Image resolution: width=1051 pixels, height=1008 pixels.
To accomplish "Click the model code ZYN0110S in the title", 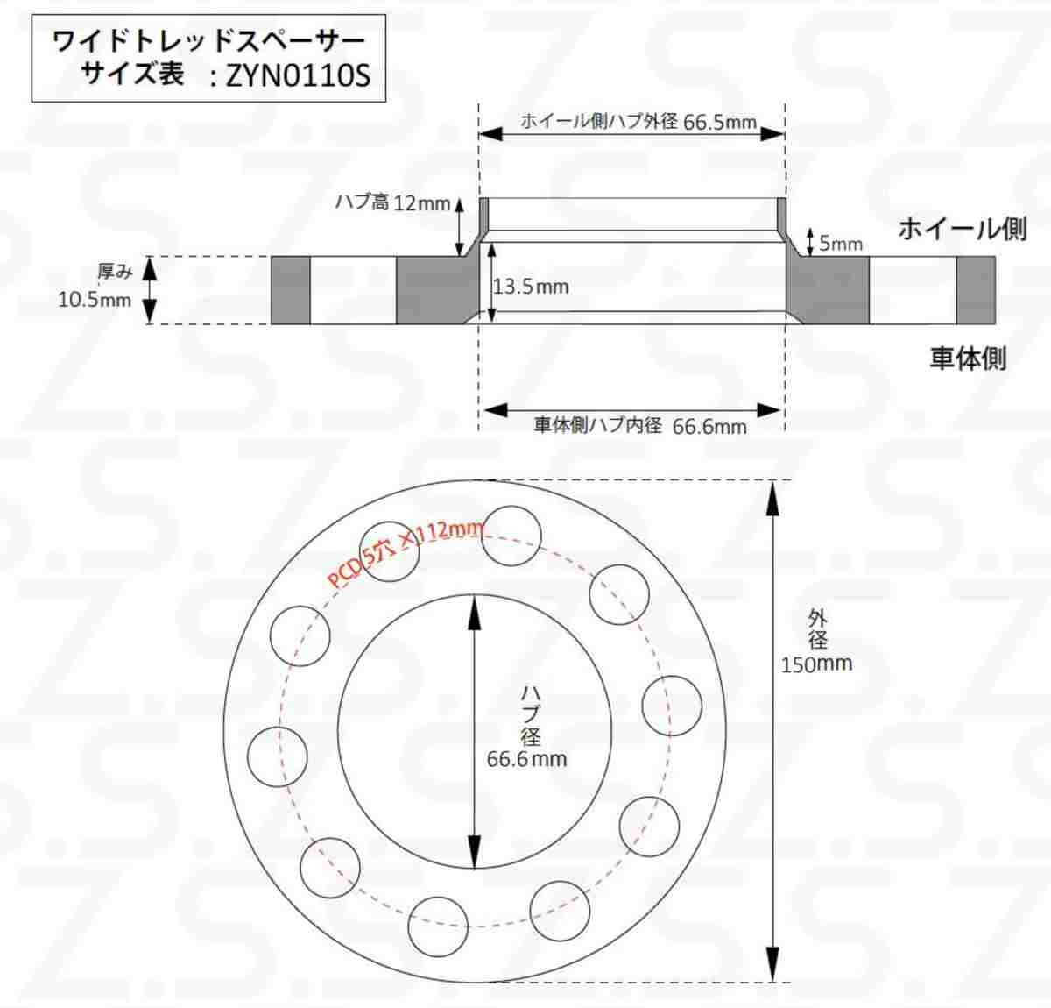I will pos(298,76).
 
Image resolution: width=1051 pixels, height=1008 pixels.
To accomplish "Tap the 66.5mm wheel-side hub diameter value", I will pos(719,122).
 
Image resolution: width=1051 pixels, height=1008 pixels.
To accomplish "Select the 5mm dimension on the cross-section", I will pos(840,243).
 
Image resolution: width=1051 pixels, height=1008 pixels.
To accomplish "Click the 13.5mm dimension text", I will pos(531,287).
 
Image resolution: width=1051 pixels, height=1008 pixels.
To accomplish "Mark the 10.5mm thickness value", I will pos(95,300).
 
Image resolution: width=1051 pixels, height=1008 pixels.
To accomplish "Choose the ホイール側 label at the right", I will pos(962,229).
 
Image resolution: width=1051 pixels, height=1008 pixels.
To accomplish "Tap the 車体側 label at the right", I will pos(968,358).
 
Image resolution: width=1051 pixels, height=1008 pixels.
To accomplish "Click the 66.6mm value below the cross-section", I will pos(709,427).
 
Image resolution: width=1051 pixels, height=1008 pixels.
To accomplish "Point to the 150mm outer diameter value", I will pos(816,664).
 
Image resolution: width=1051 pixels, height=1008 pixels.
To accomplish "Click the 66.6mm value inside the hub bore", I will pos(526,758).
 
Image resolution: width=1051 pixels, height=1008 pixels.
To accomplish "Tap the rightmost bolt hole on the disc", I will pos(672,705).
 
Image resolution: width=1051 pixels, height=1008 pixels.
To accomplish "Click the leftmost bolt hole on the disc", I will pos(277,757).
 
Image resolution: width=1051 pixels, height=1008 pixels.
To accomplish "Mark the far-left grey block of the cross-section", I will pos(290,290).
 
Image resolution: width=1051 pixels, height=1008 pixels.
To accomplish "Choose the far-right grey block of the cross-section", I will pos(975,290).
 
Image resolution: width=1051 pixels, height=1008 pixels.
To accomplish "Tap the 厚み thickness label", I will pos(115,272).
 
